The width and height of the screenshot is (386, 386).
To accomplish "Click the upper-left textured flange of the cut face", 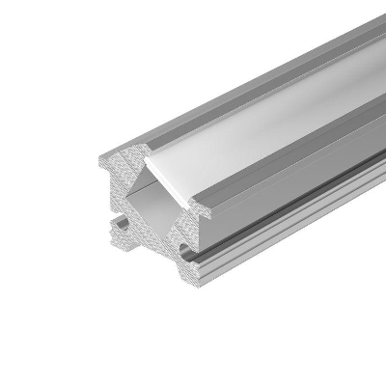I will pyautogui.click(x=116, y=169).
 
